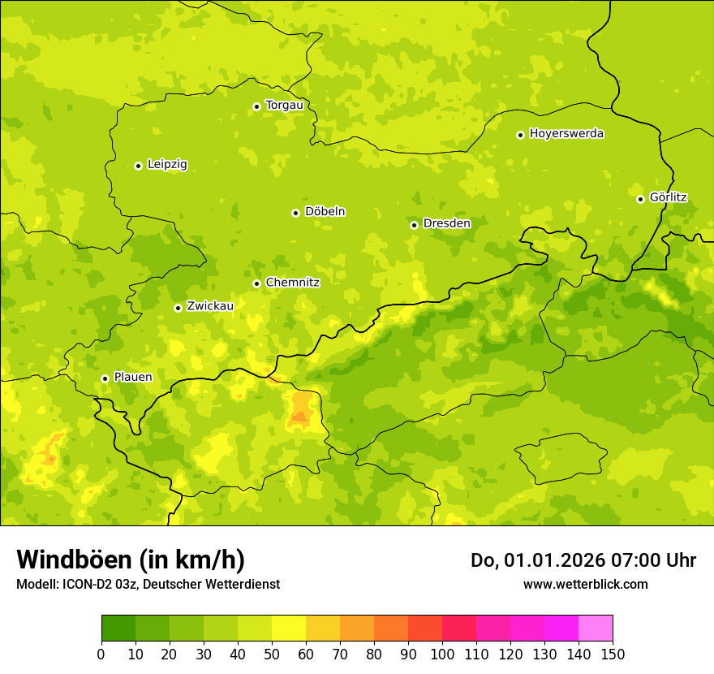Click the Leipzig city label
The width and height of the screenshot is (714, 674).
click(167, 165)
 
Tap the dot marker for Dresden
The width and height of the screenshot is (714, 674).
click(414, 225)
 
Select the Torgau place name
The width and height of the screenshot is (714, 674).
click(284, 106)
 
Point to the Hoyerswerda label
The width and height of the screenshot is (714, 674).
click(566, 134)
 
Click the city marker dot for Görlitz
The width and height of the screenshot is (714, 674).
click(640, 199)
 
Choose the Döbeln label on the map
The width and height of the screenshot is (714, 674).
click(325, 212)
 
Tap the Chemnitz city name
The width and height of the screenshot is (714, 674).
click(292, 283)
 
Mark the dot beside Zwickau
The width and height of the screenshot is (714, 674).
click(178, 308)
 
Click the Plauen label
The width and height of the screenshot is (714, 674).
click(133, 378)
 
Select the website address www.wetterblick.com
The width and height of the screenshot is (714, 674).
click(585, 585)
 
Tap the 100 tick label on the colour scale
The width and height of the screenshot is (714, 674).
click(442, 655)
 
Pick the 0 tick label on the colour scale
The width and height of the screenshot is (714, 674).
click(101, 655)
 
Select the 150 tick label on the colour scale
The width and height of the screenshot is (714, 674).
click(613, 655)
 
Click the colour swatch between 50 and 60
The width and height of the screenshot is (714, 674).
click(289, 629)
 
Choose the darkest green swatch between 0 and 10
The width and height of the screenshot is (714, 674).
click(118, 629)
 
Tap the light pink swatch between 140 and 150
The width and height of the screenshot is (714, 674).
click(596, 629)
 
